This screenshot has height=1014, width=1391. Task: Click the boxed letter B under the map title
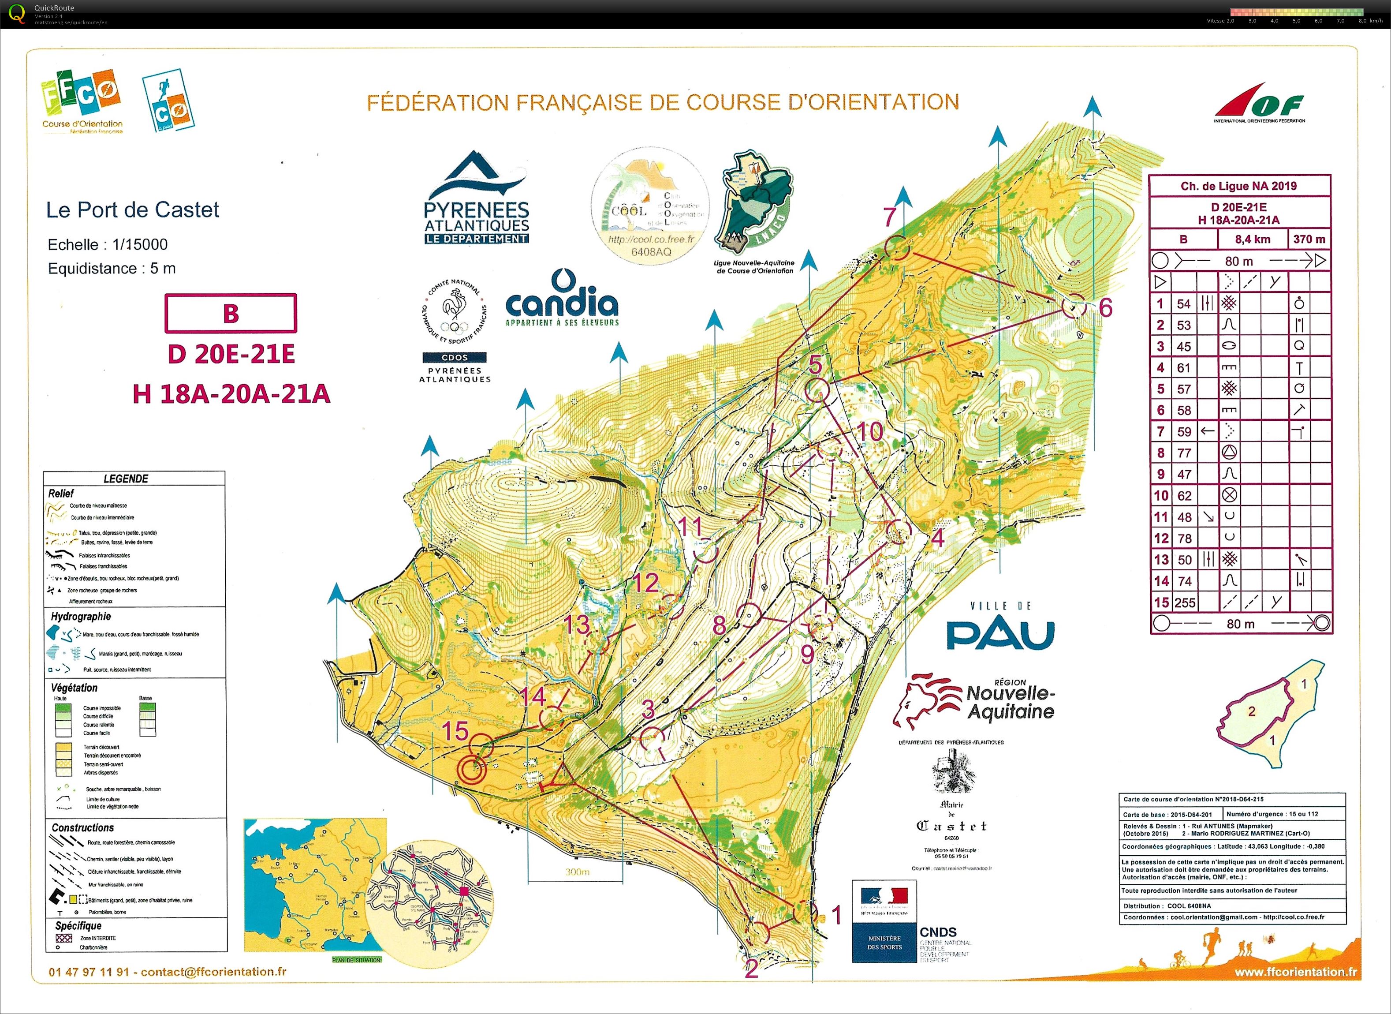[231, 313]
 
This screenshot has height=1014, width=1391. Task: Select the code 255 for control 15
[1185, 603]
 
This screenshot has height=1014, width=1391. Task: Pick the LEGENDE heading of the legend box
[126, 478]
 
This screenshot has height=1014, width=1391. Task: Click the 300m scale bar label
[577, 872]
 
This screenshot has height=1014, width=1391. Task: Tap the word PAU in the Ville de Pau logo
[1000, 635]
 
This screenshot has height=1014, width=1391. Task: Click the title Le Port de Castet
[133, 210]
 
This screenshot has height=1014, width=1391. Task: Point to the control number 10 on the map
[869, 431]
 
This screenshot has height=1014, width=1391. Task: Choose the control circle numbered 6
[1073, 305]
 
